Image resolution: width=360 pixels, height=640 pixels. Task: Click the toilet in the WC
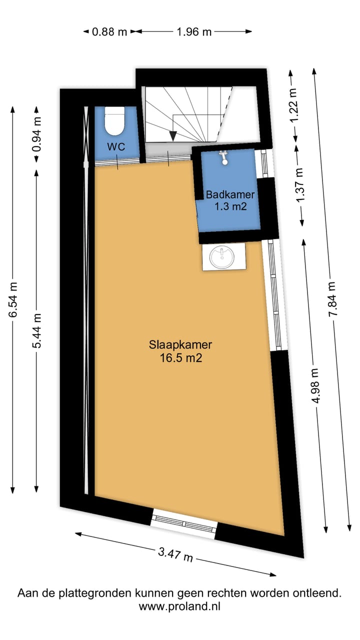[x=114, y=122]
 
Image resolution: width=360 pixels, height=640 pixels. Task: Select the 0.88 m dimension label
[x=109, y=32]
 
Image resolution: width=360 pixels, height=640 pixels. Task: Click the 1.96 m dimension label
[x=194, y=32]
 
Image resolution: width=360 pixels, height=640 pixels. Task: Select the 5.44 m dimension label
[x=37, y=330]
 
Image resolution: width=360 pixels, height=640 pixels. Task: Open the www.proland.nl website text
[x=180, y=606]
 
